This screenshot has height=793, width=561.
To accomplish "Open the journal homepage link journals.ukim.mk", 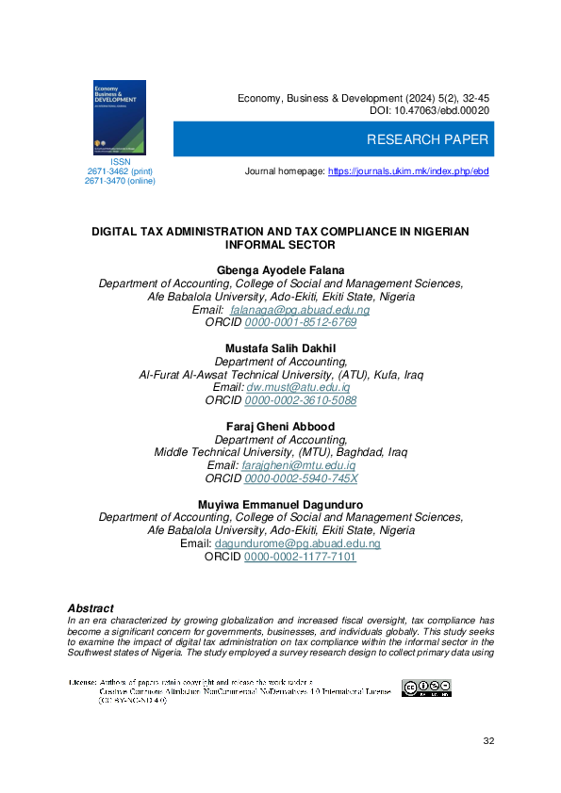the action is coord(408,171).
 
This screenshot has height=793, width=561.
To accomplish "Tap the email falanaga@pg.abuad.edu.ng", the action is coord(300,310).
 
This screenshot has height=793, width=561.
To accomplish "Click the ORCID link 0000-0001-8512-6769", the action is coord(300,322).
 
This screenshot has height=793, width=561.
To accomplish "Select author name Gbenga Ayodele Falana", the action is coord(280,270).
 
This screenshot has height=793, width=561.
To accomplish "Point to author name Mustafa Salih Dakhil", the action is coord(280,348).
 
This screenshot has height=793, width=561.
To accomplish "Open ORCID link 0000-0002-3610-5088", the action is coord(300,400).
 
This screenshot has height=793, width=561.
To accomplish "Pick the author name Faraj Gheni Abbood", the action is coord(280,427).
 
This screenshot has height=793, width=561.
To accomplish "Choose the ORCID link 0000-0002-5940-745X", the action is coord(301,478).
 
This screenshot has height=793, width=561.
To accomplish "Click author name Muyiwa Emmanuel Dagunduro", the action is coord(280,505).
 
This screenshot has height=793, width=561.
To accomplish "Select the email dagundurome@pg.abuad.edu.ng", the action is coord(297,544).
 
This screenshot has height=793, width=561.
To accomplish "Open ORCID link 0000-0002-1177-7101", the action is coord(300,558).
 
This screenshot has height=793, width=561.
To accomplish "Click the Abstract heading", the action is coord(91,608).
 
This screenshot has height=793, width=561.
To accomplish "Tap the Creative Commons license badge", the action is coord(426,688).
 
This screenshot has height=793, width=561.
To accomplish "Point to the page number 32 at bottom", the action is coord(488,742).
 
